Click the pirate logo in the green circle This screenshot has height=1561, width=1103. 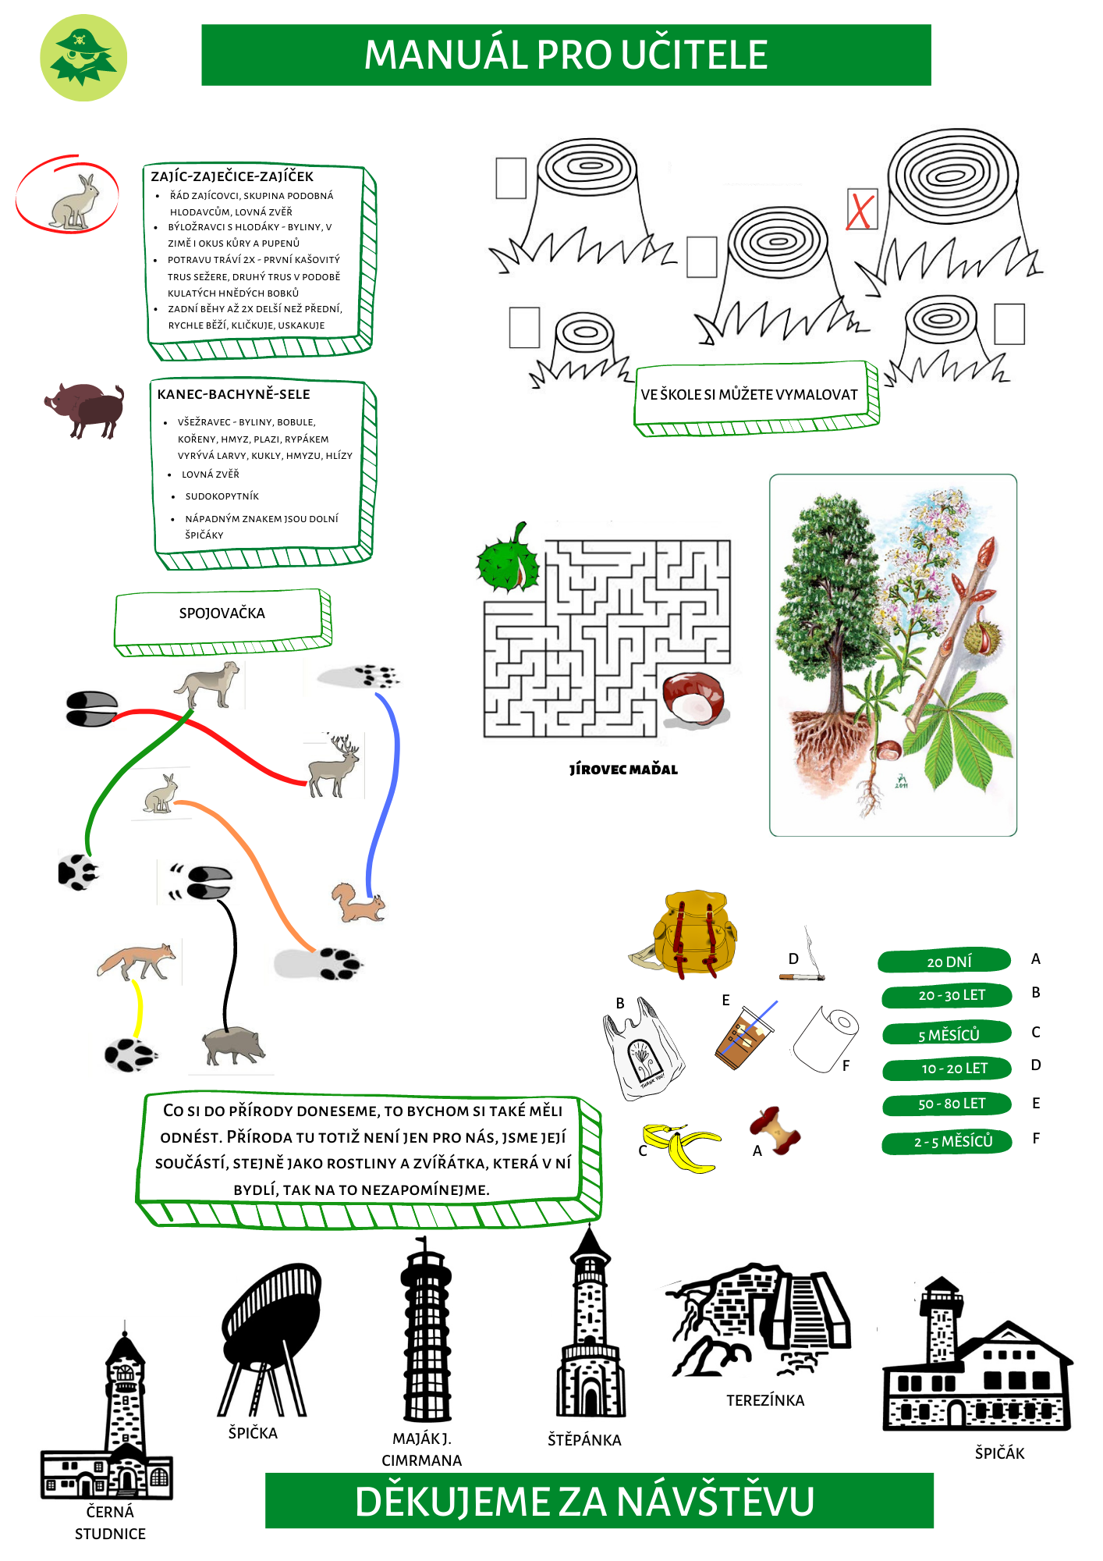click(x=83, y=58)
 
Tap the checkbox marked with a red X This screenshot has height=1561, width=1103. click(x=862, y=210)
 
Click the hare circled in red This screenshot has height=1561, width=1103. click(x=74, y=202)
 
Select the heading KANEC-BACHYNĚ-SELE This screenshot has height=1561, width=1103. click(x=234, y=394)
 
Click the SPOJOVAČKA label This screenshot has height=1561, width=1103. click(x=222, y=613)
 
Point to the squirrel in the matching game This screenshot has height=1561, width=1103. click(x=358, y=903)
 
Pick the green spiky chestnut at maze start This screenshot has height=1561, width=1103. click(x=508, y=559)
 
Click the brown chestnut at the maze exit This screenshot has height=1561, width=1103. click(x=693, y=698)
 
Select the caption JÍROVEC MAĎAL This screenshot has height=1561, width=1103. click(x=623, y=770)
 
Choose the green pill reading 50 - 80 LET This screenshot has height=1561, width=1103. click(x=947, y=1104)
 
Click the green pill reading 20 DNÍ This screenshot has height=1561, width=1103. click(x=945, y=962)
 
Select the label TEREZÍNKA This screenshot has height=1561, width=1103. click(x=765, y=1400)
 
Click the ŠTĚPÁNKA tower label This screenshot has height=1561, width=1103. click(x=584, y=1440)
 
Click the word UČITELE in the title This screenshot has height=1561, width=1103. click(x=694, y=55)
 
